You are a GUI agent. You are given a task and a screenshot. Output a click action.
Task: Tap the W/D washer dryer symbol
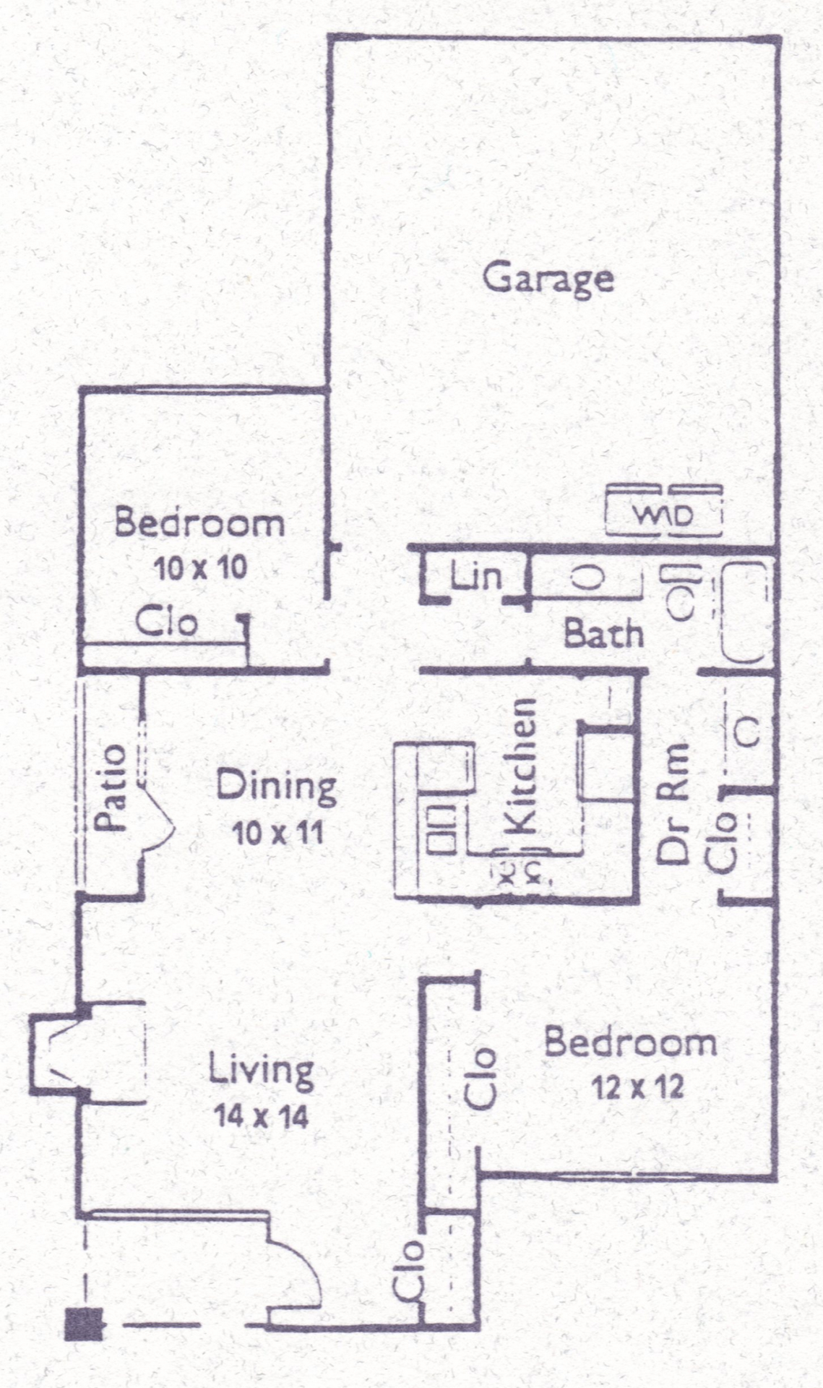(664, 510)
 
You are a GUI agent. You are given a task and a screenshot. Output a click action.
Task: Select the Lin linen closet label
(475, 576)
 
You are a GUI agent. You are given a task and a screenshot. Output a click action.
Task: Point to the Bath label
(603, 634)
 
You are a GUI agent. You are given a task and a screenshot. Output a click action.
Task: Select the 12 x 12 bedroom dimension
(637, 1087)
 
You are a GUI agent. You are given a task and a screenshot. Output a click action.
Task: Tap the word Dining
(277, 787)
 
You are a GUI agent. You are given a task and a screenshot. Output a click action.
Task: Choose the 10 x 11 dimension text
(277, 834)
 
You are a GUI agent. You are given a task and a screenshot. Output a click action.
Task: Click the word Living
(261, 1071)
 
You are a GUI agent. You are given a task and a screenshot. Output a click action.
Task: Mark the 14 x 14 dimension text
(261, 1117)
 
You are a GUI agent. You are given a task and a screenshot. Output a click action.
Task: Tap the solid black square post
(84, 1324)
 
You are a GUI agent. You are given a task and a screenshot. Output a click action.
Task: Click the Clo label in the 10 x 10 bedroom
(166, 622)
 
